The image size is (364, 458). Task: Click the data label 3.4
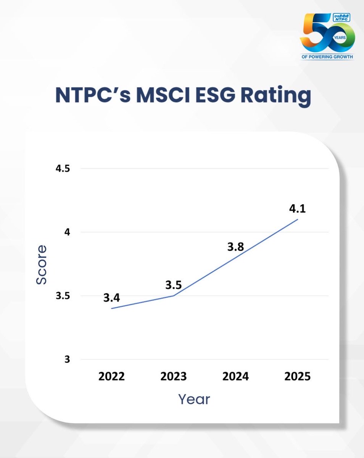click(111, 298)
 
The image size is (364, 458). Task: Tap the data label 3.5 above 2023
click(174, 285)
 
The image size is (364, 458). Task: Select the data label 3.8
click(235, 247)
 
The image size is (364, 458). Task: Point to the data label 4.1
click(298, 209)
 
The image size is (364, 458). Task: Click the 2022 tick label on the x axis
click(111, 377)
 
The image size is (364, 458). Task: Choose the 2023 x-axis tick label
click(174, 377)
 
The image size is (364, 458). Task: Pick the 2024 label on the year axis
click(235, 377)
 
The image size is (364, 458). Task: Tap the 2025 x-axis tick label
click(298, 377)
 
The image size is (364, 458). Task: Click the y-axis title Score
click(41, 264)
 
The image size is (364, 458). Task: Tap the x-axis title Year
click(194, 399)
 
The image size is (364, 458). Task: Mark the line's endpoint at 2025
click(298, 219)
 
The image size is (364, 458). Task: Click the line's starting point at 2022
click(111, 308)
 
